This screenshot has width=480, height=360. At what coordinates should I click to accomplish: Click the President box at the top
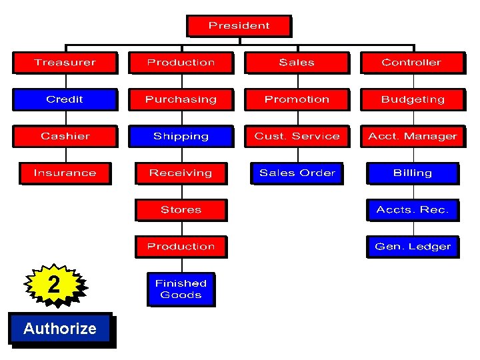tap(239, 26)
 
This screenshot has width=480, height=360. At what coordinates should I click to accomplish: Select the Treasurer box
tap(65, 63)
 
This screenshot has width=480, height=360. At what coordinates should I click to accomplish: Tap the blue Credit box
tap(65, 99)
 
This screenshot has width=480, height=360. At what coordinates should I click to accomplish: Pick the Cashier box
tap(65, 136)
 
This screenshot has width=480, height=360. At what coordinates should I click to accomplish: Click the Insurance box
tap(65, 173)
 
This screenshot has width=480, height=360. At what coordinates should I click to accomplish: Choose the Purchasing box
tap(181, 99)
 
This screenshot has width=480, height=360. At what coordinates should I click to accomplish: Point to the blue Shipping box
tap(181, 136)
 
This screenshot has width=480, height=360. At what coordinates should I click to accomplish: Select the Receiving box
tap(181, 173)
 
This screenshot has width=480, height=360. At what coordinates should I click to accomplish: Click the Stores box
tap(181, 209)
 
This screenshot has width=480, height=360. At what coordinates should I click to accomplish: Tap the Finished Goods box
tap(181, 289)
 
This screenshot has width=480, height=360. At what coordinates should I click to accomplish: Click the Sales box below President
tap(297, 63)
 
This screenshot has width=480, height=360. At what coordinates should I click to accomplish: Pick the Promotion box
tap(297, 99)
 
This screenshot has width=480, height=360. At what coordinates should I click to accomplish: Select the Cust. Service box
tap(297, 136)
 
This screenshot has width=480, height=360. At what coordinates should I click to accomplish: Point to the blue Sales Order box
tap(297, 173)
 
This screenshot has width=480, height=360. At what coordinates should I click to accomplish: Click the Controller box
tap(411, 63)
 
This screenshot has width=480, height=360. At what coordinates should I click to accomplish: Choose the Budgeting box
tap(413, 99)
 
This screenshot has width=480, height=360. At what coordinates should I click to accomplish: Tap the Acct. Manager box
tap(413, 136)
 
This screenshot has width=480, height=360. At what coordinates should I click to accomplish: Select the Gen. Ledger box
tap(413, 246)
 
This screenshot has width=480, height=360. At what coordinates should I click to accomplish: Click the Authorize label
tap(60, 328)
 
